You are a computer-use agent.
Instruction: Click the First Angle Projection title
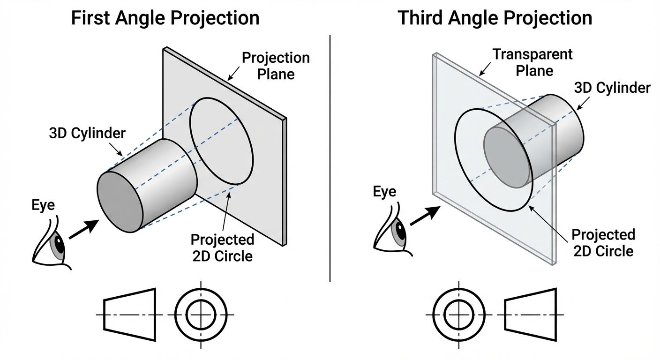tap(165, 18)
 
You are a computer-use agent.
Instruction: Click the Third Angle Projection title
tap(495, 18)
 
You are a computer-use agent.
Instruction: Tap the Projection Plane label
tap(276, 66)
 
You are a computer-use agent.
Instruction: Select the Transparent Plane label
tap(532, 62)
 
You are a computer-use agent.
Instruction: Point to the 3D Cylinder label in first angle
tap(87, 133)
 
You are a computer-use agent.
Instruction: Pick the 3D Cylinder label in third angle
tap(612, 88)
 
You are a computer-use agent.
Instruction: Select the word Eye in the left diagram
tap(43, 205)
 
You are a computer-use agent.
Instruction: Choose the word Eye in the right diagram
tap(384, 192)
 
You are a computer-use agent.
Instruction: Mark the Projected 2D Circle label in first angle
tap(222, 247)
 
